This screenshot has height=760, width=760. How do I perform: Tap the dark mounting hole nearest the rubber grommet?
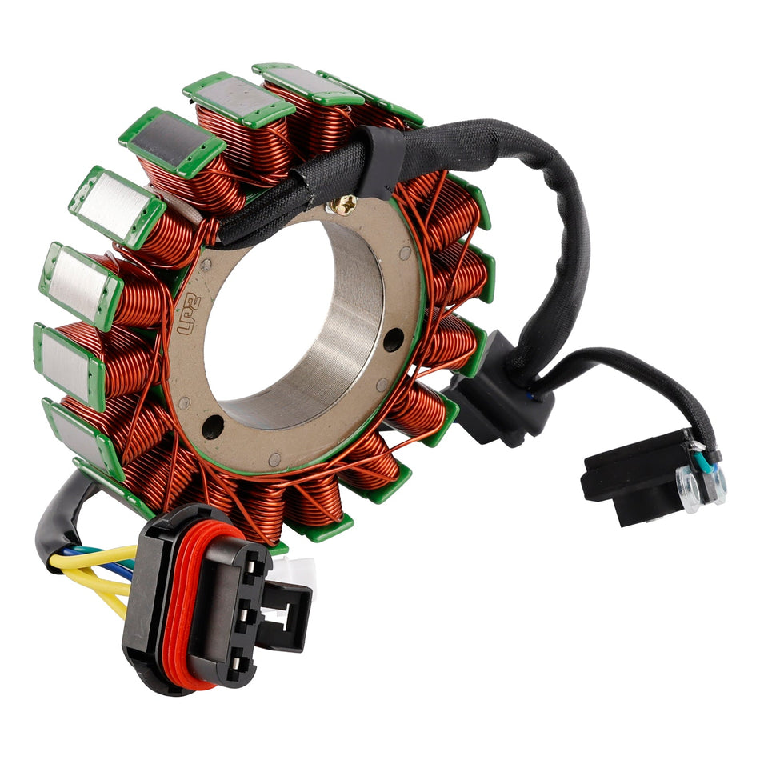pos(393,339)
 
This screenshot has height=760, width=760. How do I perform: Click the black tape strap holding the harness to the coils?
pos(376,164)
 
